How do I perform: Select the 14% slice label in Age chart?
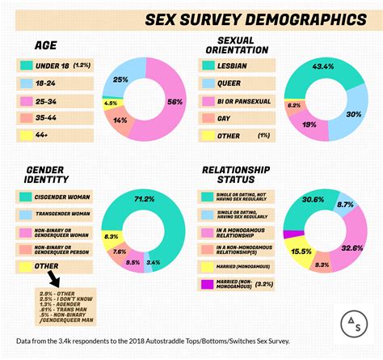[x=120, y=120]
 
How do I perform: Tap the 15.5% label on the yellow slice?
[x=301, y=252]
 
